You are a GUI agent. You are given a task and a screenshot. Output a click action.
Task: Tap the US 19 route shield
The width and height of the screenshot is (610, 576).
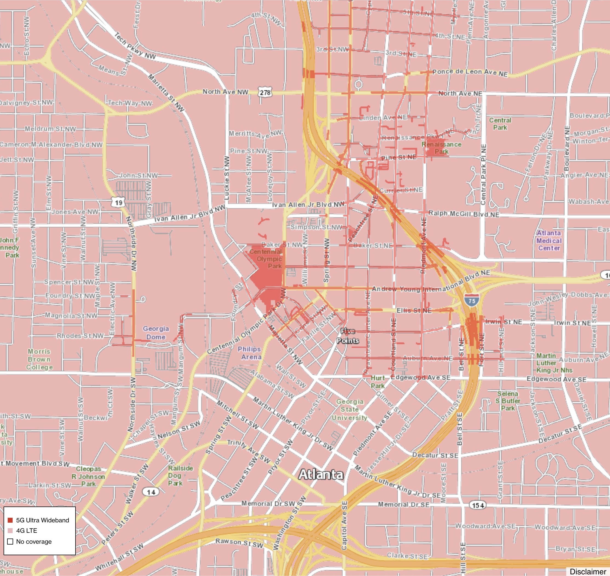[119, 202]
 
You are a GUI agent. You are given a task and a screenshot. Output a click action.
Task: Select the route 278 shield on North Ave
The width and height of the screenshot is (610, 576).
[265, 92]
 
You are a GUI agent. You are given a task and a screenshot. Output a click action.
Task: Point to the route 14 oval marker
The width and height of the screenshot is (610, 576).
[151, 492]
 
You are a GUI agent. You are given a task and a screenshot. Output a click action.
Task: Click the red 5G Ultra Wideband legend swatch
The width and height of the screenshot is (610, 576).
[10, 520]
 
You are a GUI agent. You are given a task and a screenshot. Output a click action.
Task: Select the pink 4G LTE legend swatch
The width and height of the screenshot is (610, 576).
[10, 531]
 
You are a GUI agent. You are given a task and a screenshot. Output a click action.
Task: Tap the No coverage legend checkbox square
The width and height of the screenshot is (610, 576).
[10, 542]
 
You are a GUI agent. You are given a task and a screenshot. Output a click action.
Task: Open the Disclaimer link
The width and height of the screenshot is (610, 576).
[588, 571]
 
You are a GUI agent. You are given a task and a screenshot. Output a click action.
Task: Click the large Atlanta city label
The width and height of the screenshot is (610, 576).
[321, 474]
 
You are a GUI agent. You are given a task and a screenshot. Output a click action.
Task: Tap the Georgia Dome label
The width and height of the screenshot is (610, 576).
[156, 333]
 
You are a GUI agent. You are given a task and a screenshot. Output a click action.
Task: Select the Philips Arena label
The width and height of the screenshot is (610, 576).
[250, 353]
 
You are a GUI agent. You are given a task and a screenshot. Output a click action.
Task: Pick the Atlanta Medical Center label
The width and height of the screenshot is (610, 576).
[549, 241]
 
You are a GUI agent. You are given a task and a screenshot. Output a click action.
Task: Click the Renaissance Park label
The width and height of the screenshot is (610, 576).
[441, 148]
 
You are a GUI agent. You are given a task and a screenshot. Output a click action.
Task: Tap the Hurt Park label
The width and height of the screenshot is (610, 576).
[378, 382]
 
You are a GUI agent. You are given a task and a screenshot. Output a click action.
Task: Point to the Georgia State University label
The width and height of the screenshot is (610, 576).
[350, 410]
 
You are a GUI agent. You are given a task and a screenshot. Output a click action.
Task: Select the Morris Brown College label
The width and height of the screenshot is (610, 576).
[39, 359]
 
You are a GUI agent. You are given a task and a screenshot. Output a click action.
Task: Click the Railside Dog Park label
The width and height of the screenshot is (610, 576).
[180, 476]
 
